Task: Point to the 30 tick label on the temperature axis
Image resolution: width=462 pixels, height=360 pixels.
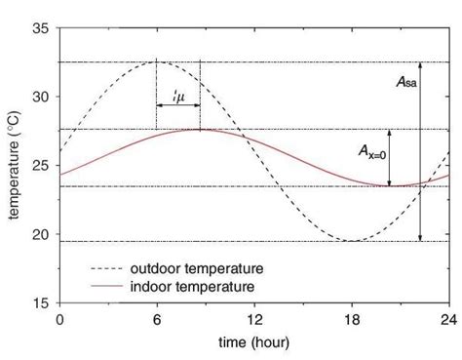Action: point(41,98)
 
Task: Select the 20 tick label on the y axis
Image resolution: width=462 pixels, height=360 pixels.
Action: point(41,234)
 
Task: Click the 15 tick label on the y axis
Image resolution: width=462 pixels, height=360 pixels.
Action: point(41,302)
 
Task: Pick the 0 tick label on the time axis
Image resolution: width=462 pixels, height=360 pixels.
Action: point(59,319)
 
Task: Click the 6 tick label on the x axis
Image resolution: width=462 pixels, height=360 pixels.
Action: point(157,319)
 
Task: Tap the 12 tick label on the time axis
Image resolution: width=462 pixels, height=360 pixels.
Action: point(254,319)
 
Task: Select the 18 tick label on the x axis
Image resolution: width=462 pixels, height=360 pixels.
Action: point(352,319)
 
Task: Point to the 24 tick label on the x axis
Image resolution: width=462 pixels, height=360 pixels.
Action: point(448,319)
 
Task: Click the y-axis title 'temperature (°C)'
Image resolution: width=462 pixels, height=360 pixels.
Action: point(14,166)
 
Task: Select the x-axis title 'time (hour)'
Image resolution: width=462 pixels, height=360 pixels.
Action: point(254,342)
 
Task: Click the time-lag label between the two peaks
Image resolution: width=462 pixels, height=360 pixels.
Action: point(178,97)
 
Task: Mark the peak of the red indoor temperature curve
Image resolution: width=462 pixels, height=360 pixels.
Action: point(200,129)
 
